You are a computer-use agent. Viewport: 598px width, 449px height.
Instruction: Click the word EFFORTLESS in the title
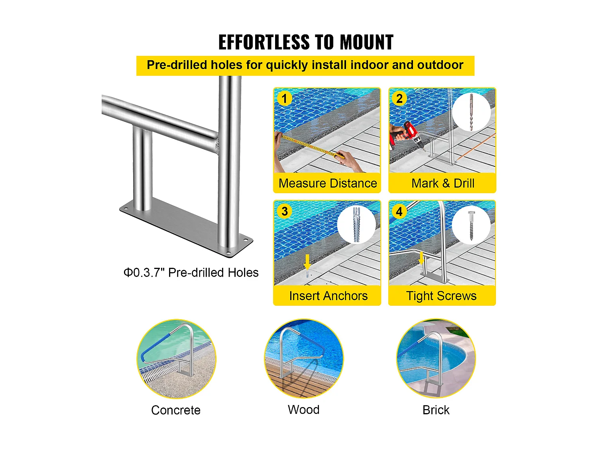click(x=264, y=42)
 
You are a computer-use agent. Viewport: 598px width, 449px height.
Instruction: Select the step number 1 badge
click(x=284, y=99)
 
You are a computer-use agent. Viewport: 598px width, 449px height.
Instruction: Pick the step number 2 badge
click(x=399, y=99)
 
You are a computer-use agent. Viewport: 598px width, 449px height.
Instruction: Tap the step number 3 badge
click(x=284, y=211)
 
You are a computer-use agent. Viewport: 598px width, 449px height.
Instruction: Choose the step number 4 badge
click(x=399, y=211)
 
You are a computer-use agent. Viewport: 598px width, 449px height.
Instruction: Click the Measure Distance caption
click(x=327, y=183)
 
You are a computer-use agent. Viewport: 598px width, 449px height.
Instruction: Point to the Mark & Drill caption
click(x=443, y=183)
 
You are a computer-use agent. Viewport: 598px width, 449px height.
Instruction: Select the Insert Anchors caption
click(x=328, y=296)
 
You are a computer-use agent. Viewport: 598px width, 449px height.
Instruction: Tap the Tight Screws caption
click(x=441, y=296)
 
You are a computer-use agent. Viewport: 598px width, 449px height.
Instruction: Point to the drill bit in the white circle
click(x=471, y=112)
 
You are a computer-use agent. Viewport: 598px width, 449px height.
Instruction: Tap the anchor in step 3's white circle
click(x=356, y=225)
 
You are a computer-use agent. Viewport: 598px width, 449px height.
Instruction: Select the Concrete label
click(x=176, y=410)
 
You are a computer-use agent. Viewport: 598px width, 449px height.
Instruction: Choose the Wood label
click(x=303, y=410)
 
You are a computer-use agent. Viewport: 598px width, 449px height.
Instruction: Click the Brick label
click(x=436, y=410)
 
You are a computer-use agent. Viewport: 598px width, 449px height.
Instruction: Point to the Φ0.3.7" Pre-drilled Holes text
click(x=191, y=273)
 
